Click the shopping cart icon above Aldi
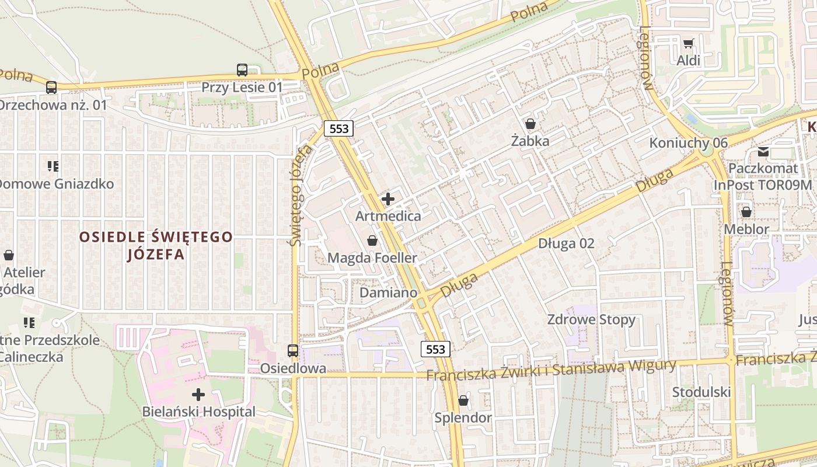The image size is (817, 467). coord(689,43)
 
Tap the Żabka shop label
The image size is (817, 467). coord(530,141)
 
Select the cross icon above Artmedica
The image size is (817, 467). coord(388,200)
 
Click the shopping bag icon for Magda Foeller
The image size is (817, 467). coord(372,241)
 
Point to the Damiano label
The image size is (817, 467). coord(389,292)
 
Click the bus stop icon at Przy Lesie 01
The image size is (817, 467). coord(242,70)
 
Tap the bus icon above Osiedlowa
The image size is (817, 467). coord(293,351)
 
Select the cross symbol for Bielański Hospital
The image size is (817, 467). coord(198,395)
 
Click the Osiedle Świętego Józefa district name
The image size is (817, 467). coord(156,246)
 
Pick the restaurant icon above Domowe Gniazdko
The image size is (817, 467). coord(54,166)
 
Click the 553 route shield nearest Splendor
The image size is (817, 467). coord(436,349)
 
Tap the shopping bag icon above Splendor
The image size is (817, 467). coord(463,400)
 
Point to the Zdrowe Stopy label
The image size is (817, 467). coord(591,320)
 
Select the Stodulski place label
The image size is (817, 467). coord(701,392)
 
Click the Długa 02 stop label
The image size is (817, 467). coord(566,243)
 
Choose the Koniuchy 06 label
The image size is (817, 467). coord(689,143)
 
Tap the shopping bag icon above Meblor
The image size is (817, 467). coord(746,212)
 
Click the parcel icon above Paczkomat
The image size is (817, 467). coord(763,152)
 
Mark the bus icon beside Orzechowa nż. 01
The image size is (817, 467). coord(51,88)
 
